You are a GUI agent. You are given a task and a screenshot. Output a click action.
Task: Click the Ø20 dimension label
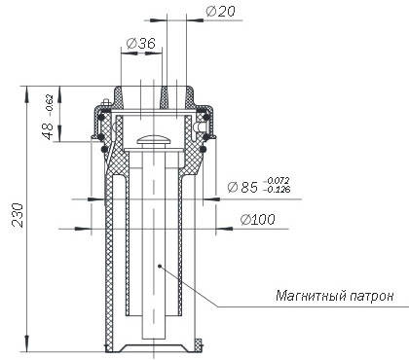point(220,12)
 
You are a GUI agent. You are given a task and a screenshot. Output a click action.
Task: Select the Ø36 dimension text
point(141,43)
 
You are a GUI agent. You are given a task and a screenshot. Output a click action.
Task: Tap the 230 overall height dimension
point(18,215)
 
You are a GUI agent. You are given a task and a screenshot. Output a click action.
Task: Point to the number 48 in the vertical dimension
point(48,130)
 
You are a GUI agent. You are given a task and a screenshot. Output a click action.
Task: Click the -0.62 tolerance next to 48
point(49,105)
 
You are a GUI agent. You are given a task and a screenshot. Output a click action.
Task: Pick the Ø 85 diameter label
point(242,187)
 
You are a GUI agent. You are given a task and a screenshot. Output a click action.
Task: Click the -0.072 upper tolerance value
point(278,181)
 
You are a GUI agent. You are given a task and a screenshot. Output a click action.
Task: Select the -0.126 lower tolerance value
point(277,189)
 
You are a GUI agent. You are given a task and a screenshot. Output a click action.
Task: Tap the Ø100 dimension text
point(257,220)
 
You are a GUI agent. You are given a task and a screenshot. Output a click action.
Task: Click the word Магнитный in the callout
point(311,296)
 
